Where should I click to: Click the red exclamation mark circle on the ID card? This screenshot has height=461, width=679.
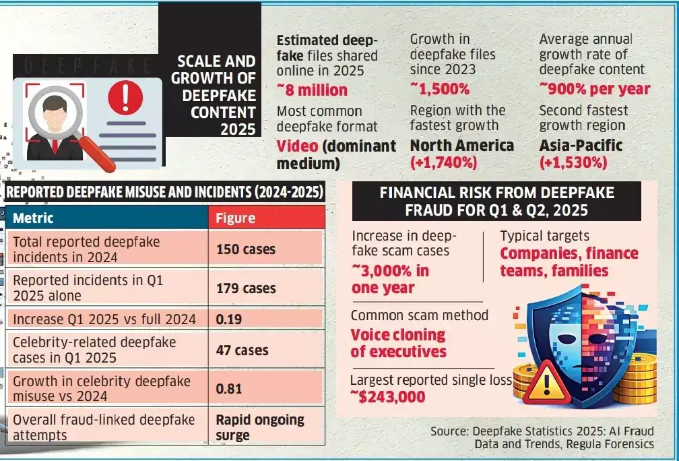pos(125,98)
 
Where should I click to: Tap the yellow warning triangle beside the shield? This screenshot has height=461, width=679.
pos(546,383)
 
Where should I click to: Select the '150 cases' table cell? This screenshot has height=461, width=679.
pos(246,249)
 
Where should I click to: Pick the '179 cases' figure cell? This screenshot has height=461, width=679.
pos(246,288)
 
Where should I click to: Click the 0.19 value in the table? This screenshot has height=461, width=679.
pos(228,319)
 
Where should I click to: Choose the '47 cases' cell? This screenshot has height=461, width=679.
pos(242,350)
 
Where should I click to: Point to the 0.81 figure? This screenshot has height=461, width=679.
pos(228,389)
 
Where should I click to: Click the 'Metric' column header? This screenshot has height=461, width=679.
pos(33,218)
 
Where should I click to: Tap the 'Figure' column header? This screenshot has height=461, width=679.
pos(236,218)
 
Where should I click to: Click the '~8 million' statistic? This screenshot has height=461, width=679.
pos(312,90)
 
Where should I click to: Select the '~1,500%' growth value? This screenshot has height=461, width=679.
pos(439,89)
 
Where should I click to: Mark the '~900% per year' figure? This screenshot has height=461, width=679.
pos(595,89)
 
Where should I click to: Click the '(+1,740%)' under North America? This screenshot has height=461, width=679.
pos(443,162)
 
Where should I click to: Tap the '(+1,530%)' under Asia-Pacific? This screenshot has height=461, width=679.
pos(573,162)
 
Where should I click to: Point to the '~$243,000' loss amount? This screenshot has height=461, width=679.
pos(387,396)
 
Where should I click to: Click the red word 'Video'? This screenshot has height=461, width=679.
pos(298,146)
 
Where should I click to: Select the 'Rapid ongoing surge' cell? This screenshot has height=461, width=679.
pos(260,427)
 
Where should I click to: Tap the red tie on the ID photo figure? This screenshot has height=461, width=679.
pos(55,146)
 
